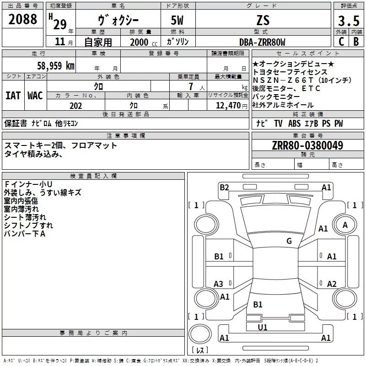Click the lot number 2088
coord(23,19)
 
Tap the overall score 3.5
coord(348,21)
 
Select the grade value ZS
coord(263,20)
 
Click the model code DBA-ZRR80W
coord(262,42)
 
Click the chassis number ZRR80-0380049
coord(307,145)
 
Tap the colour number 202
coord(75,106)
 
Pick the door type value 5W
coord(178,20)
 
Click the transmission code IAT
coord(13,96)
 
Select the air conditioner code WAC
coord(35,96)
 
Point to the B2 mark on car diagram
coord(224,187)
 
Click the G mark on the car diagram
coord(289,241)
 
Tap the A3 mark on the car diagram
coord(219,284)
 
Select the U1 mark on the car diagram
coord(263,327)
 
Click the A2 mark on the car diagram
coord(332,284)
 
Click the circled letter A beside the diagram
coord(345,225)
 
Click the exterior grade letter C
coord(341,42)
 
